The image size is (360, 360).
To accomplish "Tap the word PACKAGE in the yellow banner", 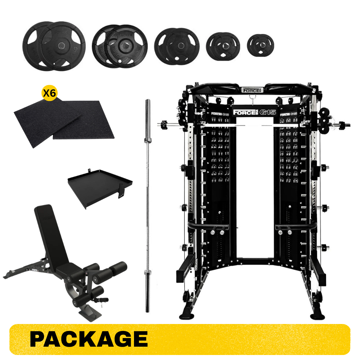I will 89,339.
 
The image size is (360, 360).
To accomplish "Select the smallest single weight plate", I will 260,44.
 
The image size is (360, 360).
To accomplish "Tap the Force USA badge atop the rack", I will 252,90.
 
